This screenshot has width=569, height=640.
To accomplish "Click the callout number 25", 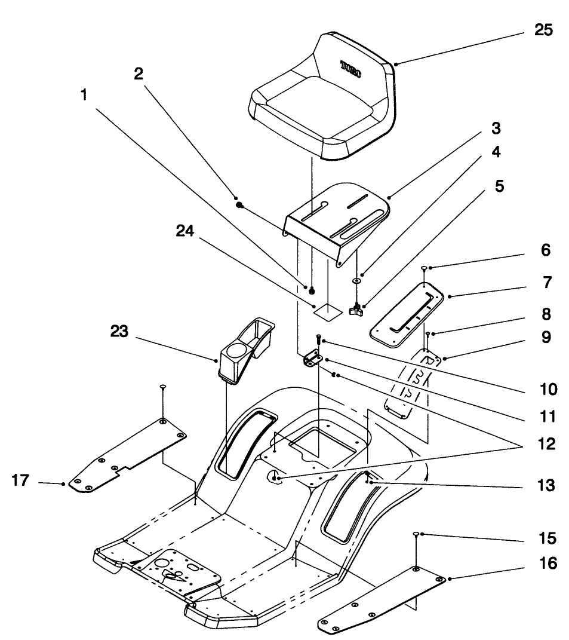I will pyautogui.click(x=543, y=30).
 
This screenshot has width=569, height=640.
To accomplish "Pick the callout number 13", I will pyautogui.click(x=545, y=486).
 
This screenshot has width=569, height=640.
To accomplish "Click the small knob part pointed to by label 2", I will pyautogui.click(x=239, y=204).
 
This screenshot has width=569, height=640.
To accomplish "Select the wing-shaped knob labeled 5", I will pyautogui.click(x=357, y=309).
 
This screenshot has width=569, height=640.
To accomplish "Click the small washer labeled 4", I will pyautogui.click(x=356, y=280).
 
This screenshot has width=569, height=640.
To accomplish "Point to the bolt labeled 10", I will pyautogui.click(x=319, y=340).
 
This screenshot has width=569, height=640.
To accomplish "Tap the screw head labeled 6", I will pyautogui.click(x=423, y=268).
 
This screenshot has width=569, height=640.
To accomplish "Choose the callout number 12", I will pyautogui.click(x=545, y=444).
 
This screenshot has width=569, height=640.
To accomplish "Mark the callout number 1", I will pyautogui.click(x=84, y=95).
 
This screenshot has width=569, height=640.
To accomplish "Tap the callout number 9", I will pyautogui.click(x=545, y=338).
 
